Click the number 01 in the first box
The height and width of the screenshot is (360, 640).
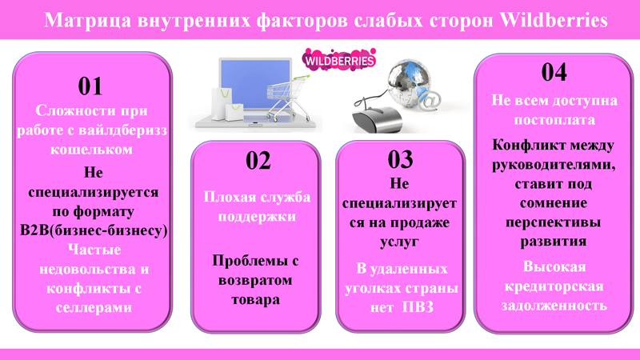[90, 86]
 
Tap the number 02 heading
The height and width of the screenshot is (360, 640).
[258, 161]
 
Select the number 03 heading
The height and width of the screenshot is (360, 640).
[400, 159]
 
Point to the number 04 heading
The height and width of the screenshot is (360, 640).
[554, 72]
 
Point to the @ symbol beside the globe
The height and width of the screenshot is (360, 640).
[430, 100]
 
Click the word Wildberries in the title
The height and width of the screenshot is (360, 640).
[554, 19]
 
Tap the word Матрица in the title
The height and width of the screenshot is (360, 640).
[88, 20]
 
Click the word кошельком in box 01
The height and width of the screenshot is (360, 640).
[91, 150]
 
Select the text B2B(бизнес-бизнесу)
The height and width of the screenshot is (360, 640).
[94, 230]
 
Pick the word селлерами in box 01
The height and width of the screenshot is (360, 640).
[94, 307]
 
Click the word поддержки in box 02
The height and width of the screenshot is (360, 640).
[257, 216]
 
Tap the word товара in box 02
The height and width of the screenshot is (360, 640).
[255, 299]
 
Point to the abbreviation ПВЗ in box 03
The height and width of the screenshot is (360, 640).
[418, 307]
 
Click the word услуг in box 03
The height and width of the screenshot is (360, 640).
[399, 242]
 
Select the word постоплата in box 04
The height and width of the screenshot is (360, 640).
[554, 120]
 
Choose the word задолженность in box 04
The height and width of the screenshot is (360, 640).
[554, 306]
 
